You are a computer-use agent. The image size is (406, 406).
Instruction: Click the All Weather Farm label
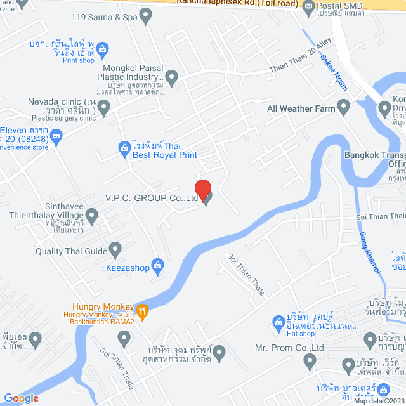coord(301,108)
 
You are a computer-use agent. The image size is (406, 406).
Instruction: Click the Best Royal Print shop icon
coord(124,149)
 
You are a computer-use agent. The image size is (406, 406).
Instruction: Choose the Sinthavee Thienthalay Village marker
coord(92,217)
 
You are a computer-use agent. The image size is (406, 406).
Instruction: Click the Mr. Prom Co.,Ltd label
coord(289,348)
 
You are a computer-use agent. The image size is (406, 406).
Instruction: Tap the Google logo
coord(21,398)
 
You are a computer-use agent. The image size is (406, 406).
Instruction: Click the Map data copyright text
coord(379,400)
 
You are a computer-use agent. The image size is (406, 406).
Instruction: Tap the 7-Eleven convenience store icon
coord(57,135)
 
